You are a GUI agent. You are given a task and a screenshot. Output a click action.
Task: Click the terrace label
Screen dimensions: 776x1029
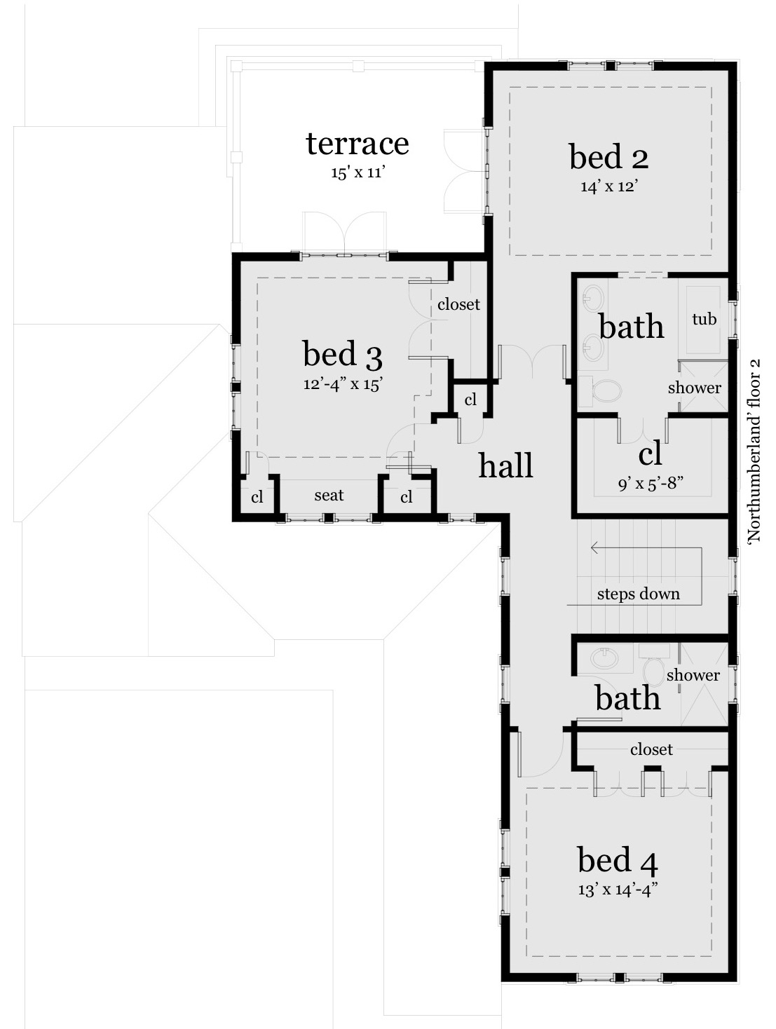point(357,144)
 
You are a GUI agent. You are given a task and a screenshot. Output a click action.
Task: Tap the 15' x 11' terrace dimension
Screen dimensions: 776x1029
point(358,172)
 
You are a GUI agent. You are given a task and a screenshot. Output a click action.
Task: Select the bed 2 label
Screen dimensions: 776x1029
point(608,157)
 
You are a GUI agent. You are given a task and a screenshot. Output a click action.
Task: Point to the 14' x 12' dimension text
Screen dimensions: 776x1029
point(608,186)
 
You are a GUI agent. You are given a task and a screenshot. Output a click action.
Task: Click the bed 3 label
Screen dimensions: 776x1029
point(343,354)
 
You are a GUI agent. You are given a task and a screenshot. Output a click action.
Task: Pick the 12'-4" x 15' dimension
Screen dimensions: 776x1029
point(343,384)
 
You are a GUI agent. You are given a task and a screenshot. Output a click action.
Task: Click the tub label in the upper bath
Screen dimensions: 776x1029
point(704,319)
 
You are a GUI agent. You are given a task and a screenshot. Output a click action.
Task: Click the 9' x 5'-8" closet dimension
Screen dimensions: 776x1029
point(651,484)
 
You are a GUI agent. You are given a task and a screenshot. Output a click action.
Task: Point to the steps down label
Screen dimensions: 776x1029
point(638,594)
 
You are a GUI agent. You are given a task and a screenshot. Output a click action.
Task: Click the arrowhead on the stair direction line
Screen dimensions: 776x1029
point(594,547)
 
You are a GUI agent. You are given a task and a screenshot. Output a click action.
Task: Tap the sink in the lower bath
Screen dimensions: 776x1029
point(605,658)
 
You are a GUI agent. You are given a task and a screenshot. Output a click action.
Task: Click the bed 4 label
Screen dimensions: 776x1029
point(618,860)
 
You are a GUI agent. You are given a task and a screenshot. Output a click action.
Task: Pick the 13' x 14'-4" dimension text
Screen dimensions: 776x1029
point(618,890)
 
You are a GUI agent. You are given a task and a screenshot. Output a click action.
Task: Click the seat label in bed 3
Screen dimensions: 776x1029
point(329,496)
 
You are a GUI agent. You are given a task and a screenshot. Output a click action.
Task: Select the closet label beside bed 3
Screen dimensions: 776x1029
point(458,305)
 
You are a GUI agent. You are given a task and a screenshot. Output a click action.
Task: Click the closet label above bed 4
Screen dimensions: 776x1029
point(651,749)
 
